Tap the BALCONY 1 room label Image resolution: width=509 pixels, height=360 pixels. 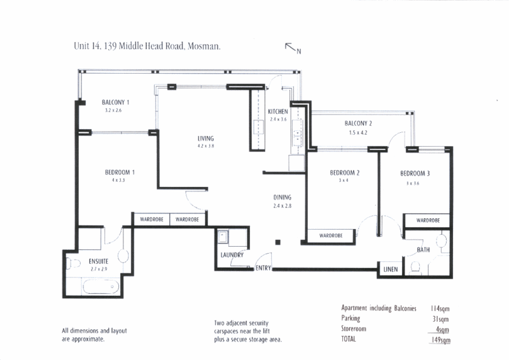click(116, 102)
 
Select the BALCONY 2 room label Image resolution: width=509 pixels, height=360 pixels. click(358, 123)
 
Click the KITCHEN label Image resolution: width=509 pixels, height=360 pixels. click(279, 111)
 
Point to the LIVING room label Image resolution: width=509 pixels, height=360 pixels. click(206, 138)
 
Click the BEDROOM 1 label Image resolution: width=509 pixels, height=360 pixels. click(120, 172)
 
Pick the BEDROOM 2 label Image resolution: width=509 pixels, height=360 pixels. click(345, 173)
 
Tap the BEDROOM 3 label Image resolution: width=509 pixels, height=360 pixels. click(415, 173)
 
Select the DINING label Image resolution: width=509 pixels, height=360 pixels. click(282, 197)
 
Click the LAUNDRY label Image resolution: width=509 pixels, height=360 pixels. click(232, 255)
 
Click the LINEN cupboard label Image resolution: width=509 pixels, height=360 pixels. click(391, 270)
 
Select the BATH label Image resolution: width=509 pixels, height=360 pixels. click(423, 250)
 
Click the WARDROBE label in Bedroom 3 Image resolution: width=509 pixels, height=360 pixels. click(428, 220)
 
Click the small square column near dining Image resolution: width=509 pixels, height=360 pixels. click(278, 242)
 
